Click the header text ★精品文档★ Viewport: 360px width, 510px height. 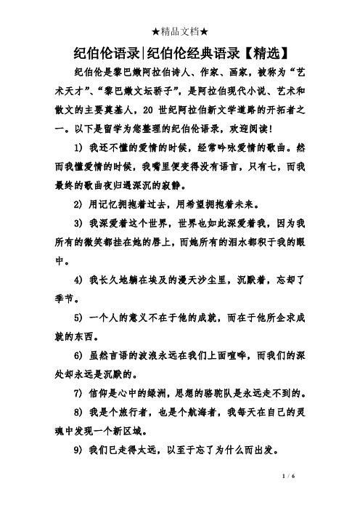(179, 10)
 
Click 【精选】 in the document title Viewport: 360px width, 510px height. (266, 52)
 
